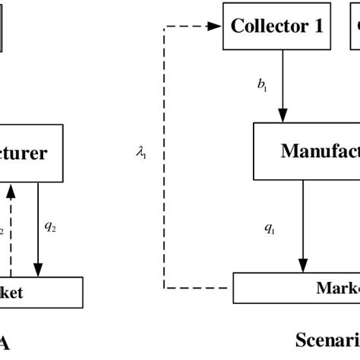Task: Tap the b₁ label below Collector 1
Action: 262,88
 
